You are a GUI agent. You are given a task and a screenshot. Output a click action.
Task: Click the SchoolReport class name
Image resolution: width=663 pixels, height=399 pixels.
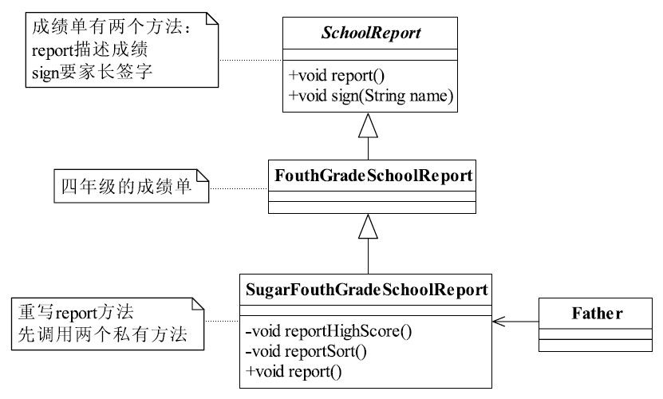[x=371, y=33]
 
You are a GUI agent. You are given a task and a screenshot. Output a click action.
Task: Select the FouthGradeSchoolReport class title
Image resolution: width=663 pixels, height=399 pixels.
[x=373, y=176]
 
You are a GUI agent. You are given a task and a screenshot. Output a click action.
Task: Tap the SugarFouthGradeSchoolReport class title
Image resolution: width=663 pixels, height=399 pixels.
[x=366, y=290]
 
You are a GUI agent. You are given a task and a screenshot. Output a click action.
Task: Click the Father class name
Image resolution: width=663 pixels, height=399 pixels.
[x=597, y=314]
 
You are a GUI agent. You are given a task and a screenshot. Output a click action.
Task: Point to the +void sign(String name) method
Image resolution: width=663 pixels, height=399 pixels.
[x=371, y=96]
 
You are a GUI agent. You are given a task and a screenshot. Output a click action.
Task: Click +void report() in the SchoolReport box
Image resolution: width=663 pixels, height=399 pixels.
[x=337, y=76]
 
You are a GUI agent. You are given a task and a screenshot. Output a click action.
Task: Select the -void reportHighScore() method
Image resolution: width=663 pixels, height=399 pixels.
[x=329, y=331]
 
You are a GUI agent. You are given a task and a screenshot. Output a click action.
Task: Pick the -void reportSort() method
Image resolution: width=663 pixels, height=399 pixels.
[x=306, y=351]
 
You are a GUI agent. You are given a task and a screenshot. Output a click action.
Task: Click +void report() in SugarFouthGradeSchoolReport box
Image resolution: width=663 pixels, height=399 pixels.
[x=294, y=372]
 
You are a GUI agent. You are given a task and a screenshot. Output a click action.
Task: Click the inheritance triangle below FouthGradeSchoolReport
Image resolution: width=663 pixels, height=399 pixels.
[x=368, y=227]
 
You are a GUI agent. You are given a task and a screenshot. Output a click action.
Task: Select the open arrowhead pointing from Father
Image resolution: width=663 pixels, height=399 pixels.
[x=499, y=322]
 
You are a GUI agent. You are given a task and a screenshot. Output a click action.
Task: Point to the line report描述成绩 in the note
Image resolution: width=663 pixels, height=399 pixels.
[x=89, y=50]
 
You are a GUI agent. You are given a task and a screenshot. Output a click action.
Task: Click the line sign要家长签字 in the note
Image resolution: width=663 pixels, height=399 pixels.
[x=92, y=72]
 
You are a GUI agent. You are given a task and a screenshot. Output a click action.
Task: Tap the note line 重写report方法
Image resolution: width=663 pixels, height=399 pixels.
[x=76, y=313]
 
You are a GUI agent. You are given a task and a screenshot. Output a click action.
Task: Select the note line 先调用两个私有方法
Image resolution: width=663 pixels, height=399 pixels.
[x=102, y=334]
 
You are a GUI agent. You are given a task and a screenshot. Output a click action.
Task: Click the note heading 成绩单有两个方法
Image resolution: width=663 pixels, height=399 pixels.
[x=112, y=27]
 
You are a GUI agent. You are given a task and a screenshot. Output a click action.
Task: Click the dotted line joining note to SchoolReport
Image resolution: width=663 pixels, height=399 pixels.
[x=251, y=60]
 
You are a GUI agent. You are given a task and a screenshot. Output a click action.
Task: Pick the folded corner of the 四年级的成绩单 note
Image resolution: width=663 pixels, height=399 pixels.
[x=203, y=176]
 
